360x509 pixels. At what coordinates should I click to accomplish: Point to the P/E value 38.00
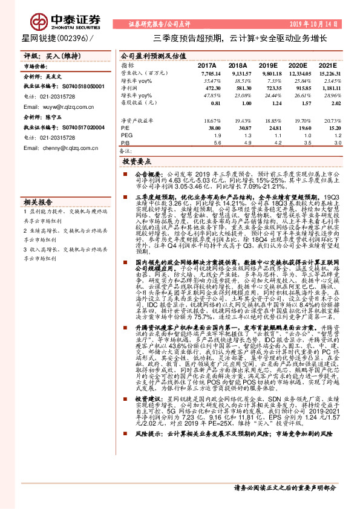213,128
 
